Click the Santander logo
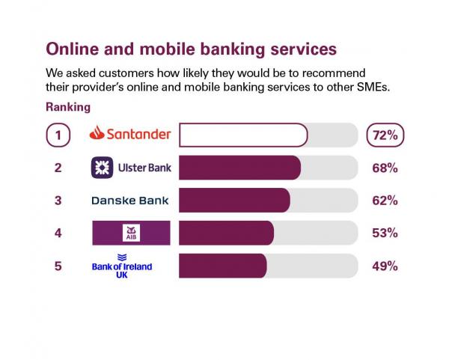[130, 135]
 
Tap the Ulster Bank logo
[131, 168]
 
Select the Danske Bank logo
[130, 201]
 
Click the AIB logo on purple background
[131, 233]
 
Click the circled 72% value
[385, 135]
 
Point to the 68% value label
[385, 168]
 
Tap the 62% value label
[385, 201]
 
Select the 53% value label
[385, 233]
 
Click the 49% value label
[385, 266]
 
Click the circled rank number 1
[58, 135]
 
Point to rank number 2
[58, 168]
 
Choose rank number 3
[58, 201]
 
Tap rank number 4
[58, 233]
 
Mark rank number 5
[58, 266]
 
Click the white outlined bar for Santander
[243, 135]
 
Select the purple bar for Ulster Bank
[239, 168]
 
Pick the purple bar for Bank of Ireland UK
[222, 266]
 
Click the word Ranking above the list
[68, 107]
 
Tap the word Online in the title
[73, 49]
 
